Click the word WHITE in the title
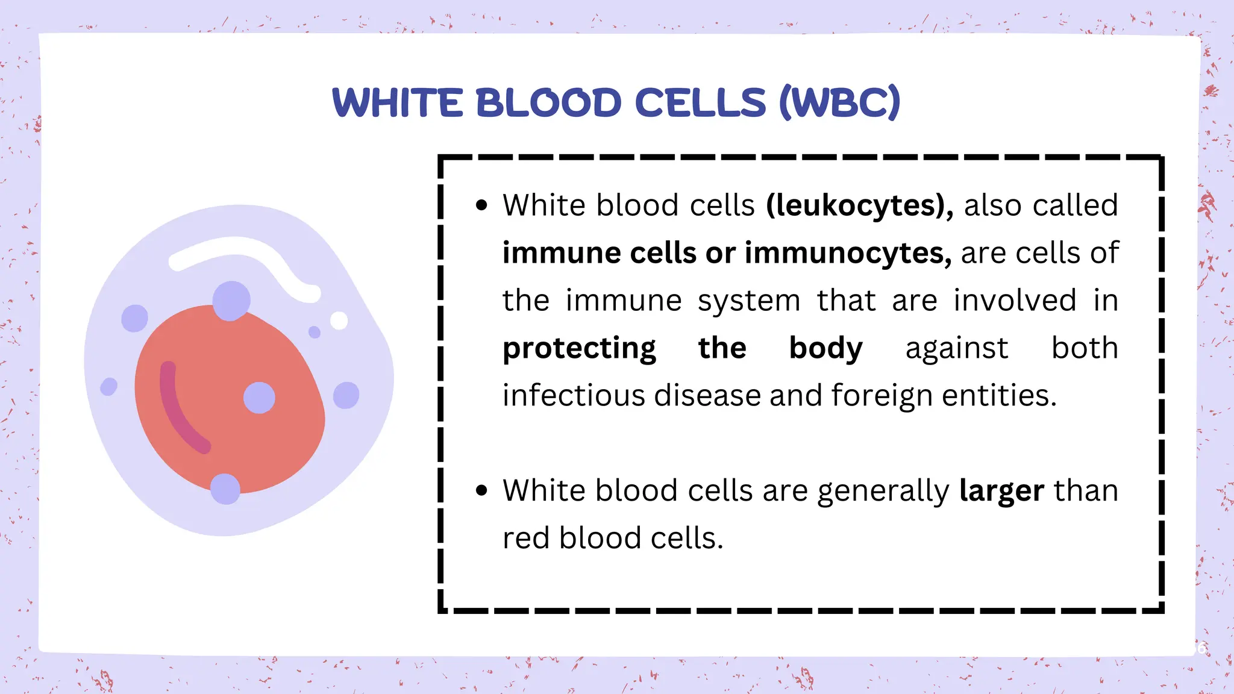(x=398, y=102)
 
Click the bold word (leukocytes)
(x=859, y=205)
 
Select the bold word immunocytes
(x=848, y=253)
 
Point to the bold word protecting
(x=579, y=349)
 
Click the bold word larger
(x=1001, y=491)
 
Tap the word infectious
(x=575, y=396)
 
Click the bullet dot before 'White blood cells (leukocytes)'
(x=481, y=205)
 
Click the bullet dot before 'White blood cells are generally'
(x=481, y=490)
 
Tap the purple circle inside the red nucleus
(x=259, y=398)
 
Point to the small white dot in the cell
(x=339, y=320)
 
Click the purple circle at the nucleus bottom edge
(x=225, y=489)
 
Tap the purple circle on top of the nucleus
(x=231, y=300)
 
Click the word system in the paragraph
(x=749, y=301)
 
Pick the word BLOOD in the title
(x=548, y=102)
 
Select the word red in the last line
(x=525, y=538)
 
